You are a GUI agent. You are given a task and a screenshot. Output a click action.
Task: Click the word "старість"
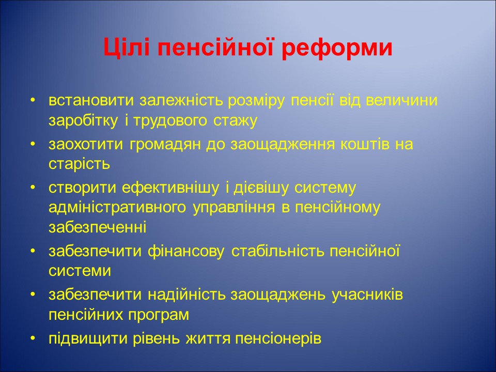click(80, 164)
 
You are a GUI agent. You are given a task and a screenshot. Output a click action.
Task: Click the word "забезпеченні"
click(98, 227)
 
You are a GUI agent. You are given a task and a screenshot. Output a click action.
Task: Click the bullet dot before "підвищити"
click(33, 338)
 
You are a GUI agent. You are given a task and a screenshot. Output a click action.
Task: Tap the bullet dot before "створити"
click(33, 187)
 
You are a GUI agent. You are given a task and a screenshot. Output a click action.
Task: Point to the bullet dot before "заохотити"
click(33, 144)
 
